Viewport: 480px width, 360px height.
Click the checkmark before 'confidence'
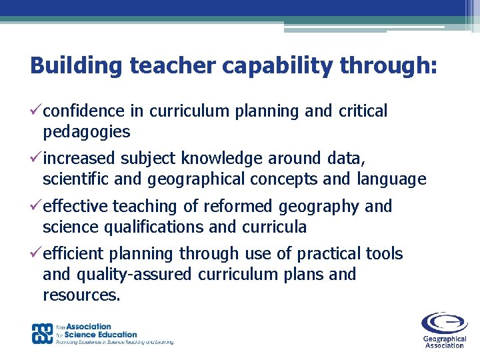coord(36,111)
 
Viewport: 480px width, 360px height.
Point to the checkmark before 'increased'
coord(36,158)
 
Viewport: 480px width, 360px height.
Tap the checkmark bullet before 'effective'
coord(36,206)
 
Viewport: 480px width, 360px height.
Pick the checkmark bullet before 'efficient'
coord(36,253)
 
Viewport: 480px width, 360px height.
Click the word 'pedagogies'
coord(87,132)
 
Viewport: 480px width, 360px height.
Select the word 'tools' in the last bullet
coord(385,254)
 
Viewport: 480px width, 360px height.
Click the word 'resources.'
coord(82,295)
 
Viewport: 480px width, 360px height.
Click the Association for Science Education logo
coord(103,333)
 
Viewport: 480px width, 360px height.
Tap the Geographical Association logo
coord(443,330)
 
